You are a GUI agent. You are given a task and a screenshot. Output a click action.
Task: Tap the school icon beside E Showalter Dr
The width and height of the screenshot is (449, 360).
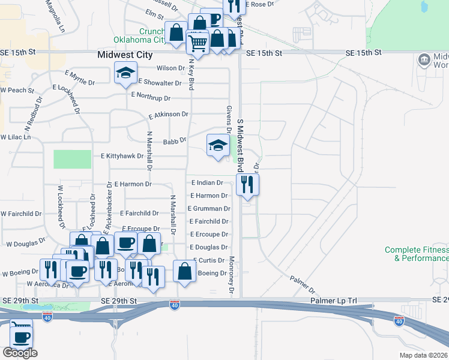(x=125, y=74)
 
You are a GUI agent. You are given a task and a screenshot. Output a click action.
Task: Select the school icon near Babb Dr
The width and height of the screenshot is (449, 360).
(x=217, y=145)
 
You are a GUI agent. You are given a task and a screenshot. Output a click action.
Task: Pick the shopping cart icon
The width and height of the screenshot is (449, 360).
(x=197, y=42)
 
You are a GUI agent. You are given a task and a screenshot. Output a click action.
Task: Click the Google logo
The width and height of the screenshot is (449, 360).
(x=20, y=353)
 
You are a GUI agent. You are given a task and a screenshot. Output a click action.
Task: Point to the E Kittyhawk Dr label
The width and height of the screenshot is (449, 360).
(x=122, y=156)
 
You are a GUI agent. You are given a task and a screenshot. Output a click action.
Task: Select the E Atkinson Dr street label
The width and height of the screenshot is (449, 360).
(x=169, y=114)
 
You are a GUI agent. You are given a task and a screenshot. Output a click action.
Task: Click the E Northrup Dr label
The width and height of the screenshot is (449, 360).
(x=151, y=97)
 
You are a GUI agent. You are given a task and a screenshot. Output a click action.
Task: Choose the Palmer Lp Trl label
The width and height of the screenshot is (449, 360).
(x=333, y=300)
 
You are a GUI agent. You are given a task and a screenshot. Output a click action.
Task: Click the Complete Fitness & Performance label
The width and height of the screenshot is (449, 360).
(x=417, y=254)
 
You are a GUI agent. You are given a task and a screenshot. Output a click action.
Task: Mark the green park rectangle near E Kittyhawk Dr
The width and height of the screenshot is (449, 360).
(x=71, y=159)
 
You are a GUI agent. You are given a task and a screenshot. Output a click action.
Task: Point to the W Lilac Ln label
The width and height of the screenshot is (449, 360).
(x=15, y=137)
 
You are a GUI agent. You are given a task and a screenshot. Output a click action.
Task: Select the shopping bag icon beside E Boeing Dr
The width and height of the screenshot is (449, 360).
(x=185, y=271)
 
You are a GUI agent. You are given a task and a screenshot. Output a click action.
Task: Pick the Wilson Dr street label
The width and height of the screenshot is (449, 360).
(x=170, y=68)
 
